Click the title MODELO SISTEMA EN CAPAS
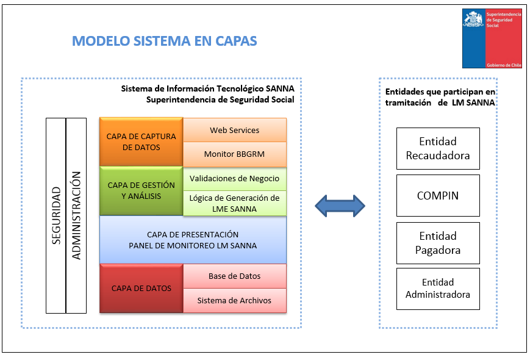[x=164, y=41]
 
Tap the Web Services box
[x=235, y=130]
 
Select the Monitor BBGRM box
[x=235, y=154]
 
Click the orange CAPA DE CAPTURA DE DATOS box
[x=141, y=142]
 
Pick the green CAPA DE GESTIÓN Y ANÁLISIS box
[x=141, y=191]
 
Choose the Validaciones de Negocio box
[x=235, y=179]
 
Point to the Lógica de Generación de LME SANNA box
[x=235, y=204]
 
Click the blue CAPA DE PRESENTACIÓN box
[x=193, y=240]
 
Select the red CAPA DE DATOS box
[x=141, y=288]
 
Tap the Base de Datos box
[x=235, y=276]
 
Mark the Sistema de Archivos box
[x=235, y=301]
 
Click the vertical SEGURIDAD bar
[x=56, y=215]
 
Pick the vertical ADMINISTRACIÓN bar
[x=76, y=215]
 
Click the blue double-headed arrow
[x=340, y=206]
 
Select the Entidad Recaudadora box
[x=438, y=148]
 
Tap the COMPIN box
[x=438, y=196]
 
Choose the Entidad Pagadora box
[x=438, y=243]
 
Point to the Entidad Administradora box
[x=438, y=289]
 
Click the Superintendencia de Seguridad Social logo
[x=492, y=38]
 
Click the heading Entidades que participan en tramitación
[x=440, y=97]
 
